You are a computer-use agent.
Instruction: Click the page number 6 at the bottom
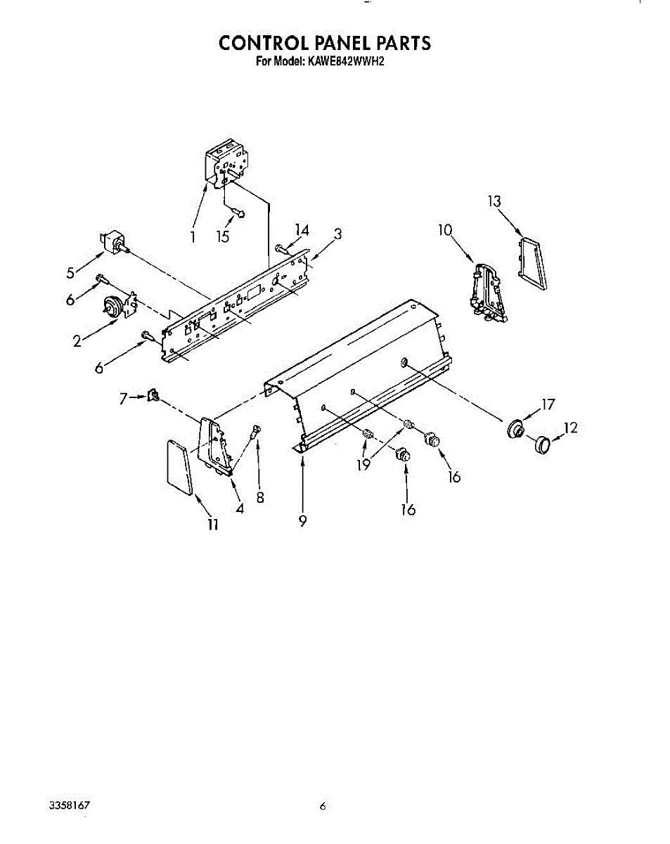pyautogui.click(x=323, y=807)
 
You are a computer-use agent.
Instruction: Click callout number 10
pyautogui.click(x=445, y=229)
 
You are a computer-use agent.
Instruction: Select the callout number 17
pyautogui.click(x=548, y=404)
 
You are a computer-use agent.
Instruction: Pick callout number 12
pyautogui.click(x=570, y=426)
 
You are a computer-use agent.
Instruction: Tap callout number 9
pyautogui.click(x=302, y=521)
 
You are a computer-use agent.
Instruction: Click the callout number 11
pyautogui.click(x=212, y=524)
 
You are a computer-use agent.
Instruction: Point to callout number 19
pyautogui.click(x=363, y=465)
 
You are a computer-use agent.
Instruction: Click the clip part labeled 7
pyautogui.click(x=152, y=397)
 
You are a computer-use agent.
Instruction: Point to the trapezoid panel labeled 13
pyautogui.click(x=532, y=264)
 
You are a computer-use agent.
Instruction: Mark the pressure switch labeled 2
pyautogui.click(x=114, y=307)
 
